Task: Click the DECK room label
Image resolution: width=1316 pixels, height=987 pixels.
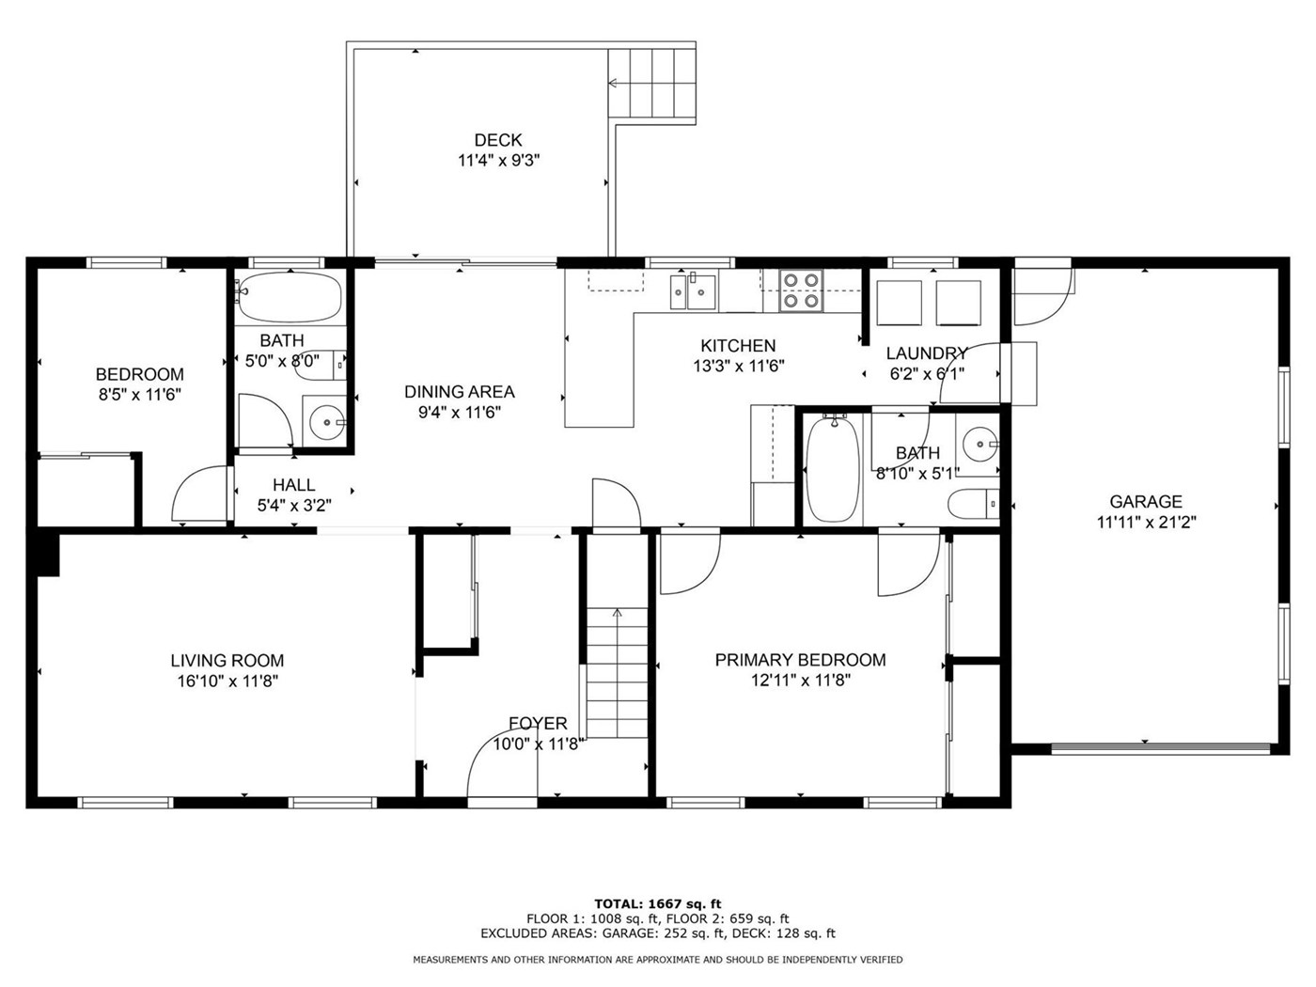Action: pyautogui.click(x=497, y=140)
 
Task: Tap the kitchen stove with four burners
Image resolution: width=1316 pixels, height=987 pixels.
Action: pyautogui.click(x=801, y=290)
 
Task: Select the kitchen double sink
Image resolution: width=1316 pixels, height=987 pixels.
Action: pyautogui.click(x=693, y=291)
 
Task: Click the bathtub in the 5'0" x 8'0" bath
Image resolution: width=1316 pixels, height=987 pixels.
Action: pyautogui.click(x=290, y=297)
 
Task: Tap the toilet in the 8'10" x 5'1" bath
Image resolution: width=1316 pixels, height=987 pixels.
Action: pyautogui.click(x=974, y=504)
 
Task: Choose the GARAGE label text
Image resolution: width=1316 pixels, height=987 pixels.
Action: pyautogui.click(x=1146, y=502)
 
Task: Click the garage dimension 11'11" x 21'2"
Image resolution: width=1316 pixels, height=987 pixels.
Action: pyautogui.click(x=1146, y=523)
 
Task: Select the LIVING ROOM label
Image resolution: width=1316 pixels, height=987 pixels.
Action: pyautogui.click(x=227, y=661)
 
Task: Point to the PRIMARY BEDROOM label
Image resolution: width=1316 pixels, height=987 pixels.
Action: pyautogui.click(x=800, y=660)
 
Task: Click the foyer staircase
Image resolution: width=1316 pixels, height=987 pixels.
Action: pyautogui.click(x=617, y=673)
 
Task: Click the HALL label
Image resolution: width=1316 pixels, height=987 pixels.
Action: pyautogui.click(x=294, y=485)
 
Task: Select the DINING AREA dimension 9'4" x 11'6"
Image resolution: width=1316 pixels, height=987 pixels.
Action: pyautogui.click(x=460, y=413)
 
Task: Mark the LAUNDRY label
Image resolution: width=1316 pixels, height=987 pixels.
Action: pyautogui.click(x=927, y=353)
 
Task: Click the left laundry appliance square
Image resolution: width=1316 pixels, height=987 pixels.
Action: pyautogui.click(x=899, y=304)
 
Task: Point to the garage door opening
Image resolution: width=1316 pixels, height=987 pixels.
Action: pyautogui.click(x=1160, y=748)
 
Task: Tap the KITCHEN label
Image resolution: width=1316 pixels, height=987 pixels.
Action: pyautogui.click(x=738, y=346)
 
